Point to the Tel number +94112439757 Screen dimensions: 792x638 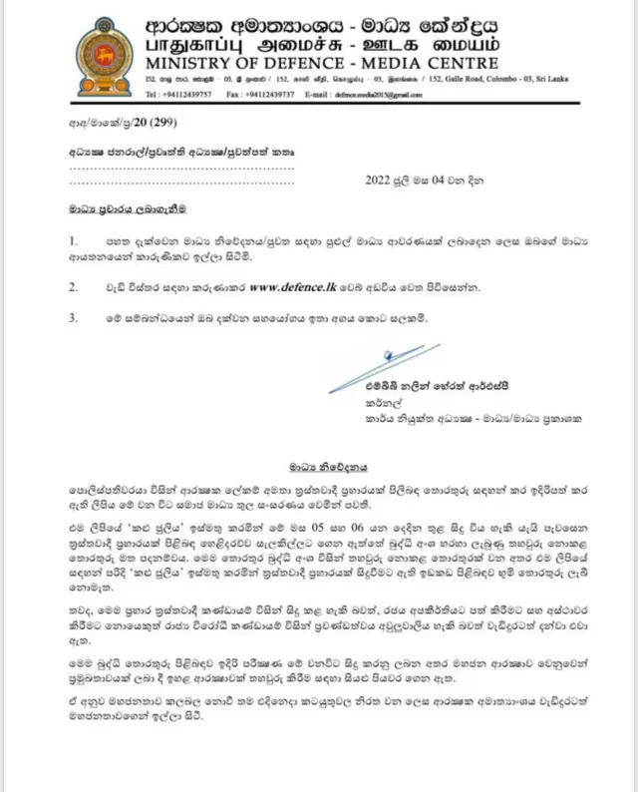pos(204,95)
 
